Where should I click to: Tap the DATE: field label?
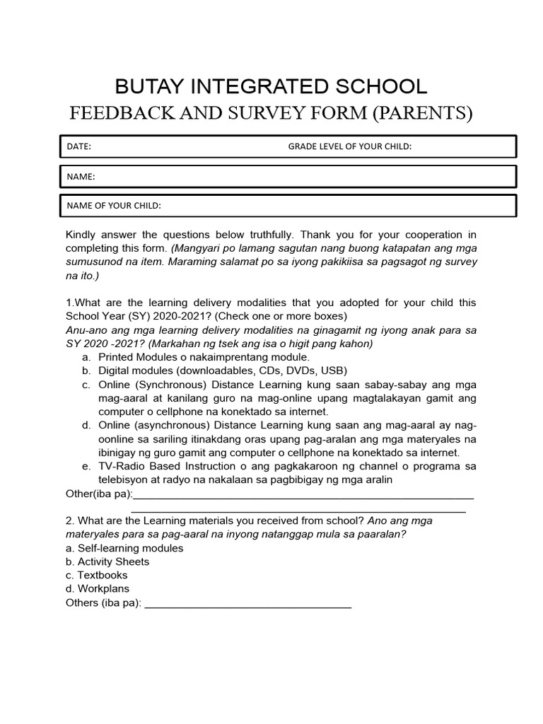pos(79,146)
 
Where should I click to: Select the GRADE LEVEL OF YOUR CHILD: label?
pos(349,146)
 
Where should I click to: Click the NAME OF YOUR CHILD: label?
pos(114,206)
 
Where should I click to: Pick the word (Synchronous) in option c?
pos(166,385)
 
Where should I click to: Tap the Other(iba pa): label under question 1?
pos(98,494)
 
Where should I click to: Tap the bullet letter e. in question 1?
pos(86,466)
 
